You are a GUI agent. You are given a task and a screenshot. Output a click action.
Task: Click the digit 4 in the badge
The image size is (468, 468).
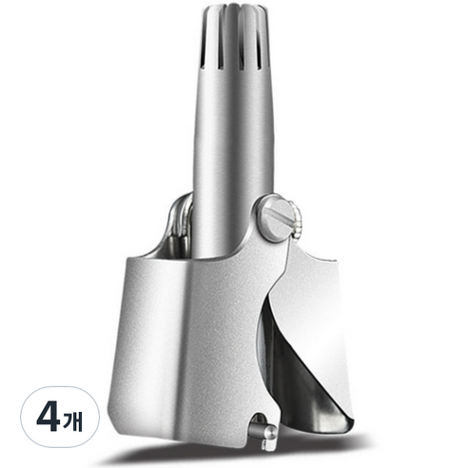click(x=49, y=417)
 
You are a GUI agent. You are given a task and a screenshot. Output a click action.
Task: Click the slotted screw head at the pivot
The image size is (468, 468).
click(x=274, y=218)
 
